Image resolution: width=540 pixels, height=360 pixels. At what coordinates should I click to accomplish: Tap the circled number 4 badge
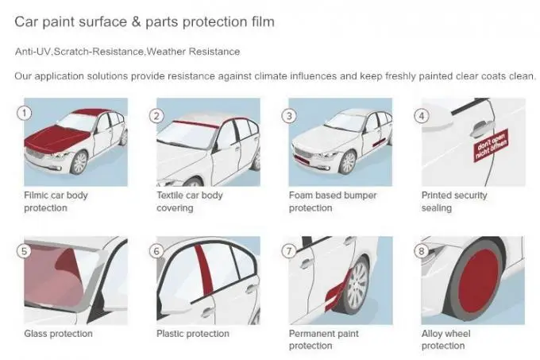[422, 115]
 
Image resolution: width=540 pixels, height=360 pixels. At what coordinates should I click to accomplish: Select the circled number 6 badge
[156, 252]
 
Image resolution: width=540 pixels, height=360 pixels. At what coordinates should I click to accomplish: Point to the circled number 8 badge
[422, 252]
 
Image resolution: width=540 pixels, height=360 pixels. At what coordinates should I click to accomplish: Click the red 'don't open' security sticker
[492, 149]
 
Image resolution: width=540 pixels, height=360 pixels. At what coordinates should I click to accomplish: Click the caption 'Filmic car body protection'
[56, 201]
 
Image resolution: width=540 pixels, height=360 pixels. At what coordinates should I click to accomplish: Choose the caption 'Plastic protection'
[191, 334]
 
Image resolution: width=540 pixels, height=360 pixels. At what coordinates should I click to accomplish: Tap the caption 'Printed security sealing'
[453, 201]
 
